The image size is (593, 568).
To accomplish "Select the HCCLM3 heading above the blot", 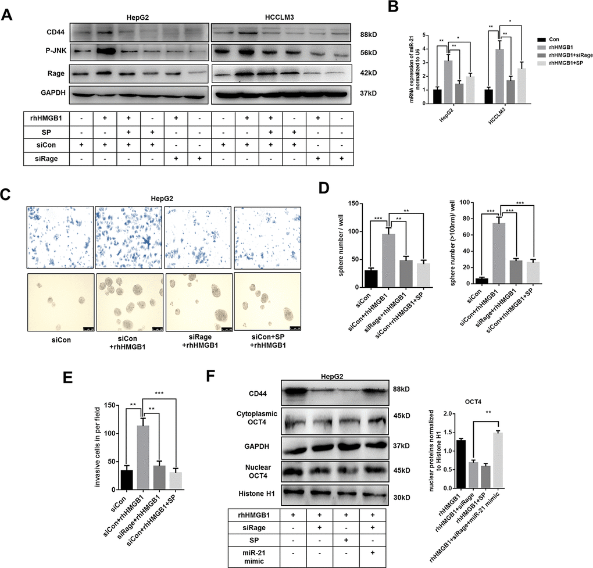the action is click(x=280, y=17).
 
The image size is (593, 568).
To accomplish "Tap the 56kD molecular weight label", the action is click(x=369, y=53).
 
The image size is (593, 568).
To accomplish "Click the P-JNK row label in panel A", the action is click(x=56, y=50).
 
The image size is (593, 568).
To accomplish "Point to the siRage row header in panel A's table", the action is click(x=47, y=159).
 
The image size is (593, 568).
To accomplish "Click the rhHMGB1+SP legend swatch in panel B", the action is click(x=542, y=63).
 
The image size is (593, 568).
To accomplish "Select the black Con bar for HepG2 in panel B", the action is click(x=437, y=97).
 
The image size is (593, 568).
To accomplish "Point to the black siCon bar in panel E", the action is click(x=127, y=480).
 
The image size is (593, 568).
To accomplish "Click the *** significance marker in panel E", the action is click(x=159, y=393).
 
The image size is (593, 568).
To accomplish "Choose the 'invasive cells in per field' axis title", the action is click(x=98, y=446).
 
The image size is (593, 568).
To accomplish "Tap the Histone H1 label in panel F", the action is click(x=256, y=494).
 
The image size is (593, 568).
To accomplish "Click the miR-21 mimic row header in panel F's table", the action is click(x=254, y=557).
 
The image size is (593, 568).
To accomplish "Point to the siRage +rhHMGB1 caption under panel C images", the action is click(x=200, y=341).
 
